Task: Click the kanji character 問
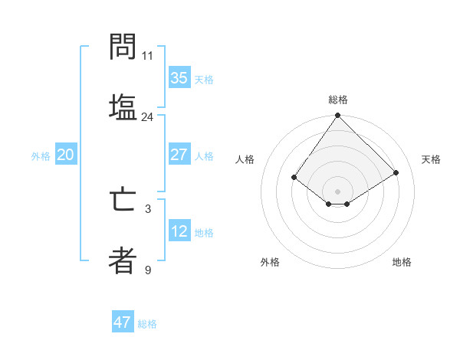[x=123, y=47]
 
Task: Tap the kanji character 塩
[x=123, y=107]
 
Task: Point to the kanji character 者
[x=123, y=260]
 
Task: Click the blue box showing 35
[x=179, y=78]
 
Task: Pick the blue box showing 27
[x=179, y=155]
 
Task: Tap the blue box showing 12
[x=179, y=231]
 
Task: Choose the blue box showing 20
[x=65, y=155]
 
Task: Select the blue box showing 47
[x=122, y=322]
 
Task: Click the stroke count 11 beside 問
[x=147, y=56]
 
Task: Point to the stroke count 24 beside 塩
[x=147, y=117]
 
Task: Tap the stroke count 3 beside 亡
[x=147, y=208]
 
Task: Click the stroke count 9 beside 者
[x=147, y=270]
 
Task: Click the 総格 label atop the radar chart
[x=338, y=100]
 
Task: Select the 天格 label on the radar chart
[x=431, y=159]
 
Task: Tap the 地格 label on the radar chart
[x=402, y=262]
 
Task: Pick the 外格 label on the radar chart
[x=270, y=262]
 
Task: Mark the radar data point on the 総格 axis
[x=338, y=116]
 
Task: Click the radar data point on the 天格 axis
[x=396, y=172]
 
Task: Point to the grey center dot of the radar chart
[x=338, y=191]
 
